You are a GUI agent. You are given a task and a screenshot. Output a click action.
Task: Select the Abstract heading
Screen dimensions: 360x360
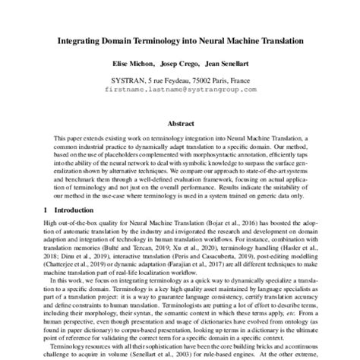(x=179, y=122)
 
